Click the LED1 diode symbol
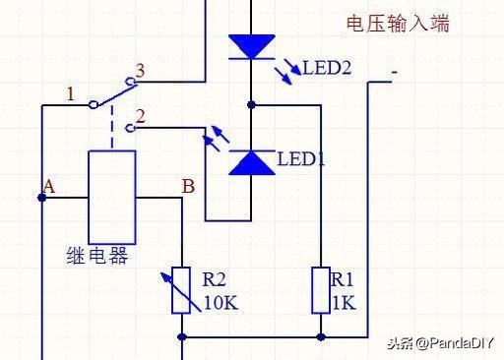(x=252, y=162)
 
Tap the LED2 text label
(x=327, y=68)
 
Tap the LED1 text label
(x=301, y=158)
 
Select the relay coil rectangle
(x=111, y=197)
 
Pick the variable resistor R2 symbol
(x=182, y=290)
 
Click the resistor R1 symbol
(x=322, y=290)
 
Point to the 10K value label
(x=221, y=303)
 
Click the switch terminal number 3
(x=140, y=71)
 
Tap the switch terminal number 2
(x=140, y=116)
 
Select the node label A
(x=48, y=185)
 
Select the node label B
(x=188, y=185)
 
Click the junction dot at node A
(x=42, y=198)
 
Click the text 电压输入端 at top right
(x=399, y=24)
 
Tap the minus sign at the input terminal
(x=394, y=71)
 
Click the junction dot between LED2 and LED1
(x=252, y=103)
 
